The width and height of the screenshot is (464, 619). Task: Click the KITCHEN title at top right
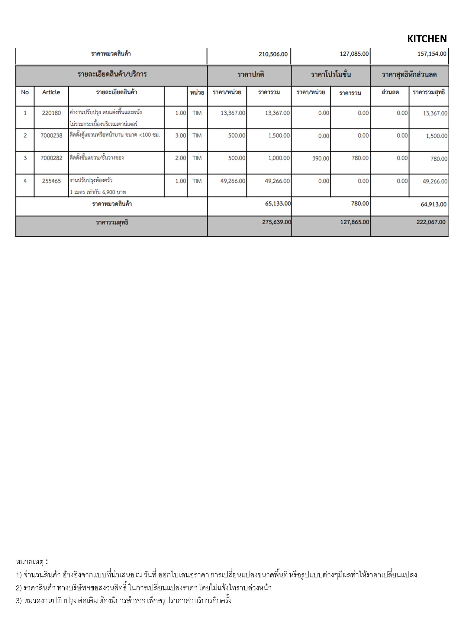pyautogui.click(x=427, y=39)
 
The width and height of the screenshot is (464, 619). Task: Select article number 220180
pyautogui.click(x=51, y=113)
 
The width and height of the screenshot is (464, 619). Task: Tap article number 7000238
pyautogui.click(x=51, y=135)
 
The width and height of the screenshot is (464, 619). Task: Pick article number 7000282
pyautogui.click(x=51, y=158)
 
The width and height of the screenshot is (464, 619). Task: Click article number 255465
pyautogui.click(x=51, y=181)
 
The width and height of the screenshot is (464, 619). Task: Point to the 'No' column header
pyautogui.click(x=25, y=92)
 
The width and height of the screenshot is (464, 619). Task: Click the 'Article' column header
pyautogui.click(x=51, y=92)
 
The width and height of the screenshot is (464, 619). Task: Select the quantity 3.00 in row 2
pyautogui.click(x=181, y=135)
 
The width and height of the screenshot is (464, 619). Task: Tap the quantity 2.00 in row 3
pyautogui.click(x=181, y=158)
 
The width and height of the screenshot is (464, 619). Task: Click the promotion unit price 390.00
pyautogui.click(x=321, y=158)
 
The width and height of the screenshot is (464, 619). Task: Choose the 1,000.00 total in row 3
pyautogui.click(x=279, y=158)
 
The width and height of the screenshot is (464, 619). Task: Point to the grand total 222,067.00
pyautogui.click(x=431, y=222)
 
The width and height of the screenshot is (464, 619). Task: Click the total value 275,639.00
pyautogui.click(x=276, y=222)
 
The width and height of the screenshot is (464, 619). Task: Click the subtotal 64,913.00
pyautogui.click(x=433, y=204)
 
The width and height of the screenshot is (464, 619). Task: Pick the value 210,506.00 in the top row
pyautogui.click(x=273, y=54)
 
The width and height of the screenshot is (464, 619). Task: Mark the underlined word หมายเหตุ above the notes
pyautogui.click(x=30, y=562)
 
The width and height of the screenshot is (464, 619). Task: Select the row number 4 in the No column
pyautogui.click(x=25, y=181)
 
